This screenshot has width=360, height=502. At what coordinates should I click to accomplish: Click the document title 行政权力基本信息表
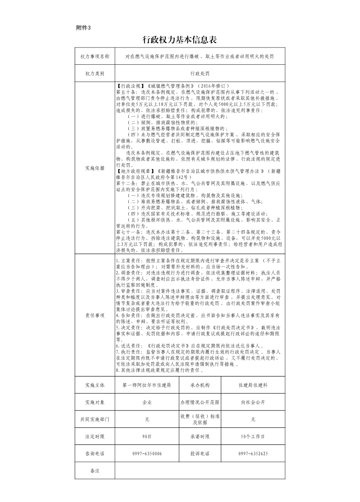(x=180, y=40)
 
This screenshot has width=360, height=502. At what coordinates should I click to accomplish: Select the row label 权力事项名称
(x=95, y=57)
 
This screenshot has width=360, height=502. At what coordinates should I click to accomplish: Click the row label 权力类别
(x=95, y=73)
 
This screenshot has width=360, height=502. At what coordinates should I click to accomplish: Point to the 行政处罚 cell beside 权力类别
(x=200, y=73)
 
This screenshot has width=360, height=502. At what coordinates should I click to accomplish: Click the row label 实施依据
(x=95, y=168)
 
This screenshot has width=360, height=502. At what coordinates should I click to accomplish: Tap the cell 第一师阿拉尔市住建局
(x=146, y=385)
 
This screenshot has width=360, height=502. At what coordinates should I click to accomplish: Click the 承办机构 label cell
(x=200, y=385)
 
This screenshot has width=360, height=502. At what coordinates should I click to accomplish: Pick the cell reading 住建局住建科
(x=253, y=385)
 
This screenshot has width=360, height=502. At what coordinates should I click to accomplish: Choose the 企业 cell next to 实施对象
(x=146, y=402)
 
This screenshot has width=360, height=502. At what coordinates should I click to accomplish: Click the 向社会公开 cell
(x=253, y=402)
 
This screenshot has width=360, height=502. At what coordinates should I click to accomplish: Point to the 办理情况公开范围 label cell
(x=200, y=402)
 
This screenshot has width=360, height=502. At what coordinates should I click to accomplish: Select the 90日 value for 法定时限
(x=146, y=436)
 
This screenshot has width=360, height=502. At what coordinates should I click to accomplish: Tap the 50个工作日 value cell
(x=253, y=436)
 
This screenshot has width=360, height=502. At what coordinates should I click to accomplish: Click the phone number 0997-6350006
(x=146, y=454)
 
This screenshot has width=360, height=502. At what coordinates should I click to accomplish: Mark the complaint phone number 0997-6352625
(x=253, y=454)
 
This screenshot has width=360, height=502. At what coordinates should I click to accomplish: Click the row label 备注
(x=95, y=471)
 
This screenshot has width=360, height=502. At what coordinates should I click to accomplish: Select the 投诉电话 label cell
(x=200, y=454)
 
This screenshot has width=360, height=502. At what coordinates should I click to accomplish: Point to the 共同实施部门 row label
(x=95, y=419)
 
